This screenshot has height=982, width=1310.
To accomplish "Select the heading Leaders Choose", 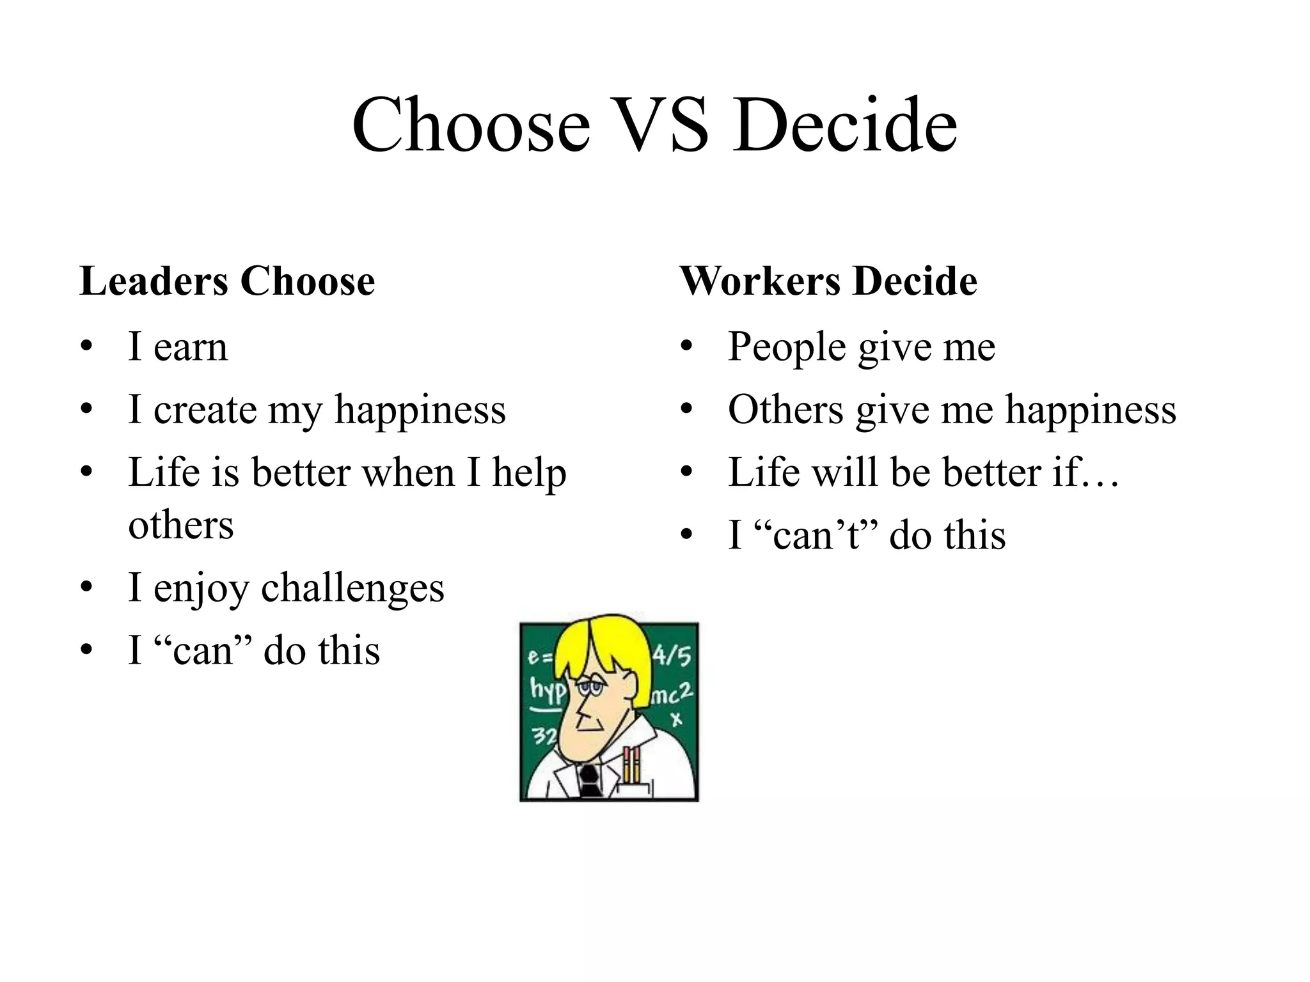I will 227,281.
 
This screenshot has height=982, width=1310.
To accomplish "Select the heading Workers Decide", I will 828,281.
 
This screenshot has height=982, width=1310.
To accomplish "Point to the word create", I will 205,410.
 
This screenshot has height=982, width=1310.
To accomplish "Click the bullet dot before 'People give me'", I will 686,347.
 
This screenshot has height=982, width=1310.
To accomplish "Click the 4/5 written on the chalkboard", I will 672,655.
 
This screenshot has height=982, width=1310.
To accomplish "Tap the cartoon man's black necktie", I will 588,781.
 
